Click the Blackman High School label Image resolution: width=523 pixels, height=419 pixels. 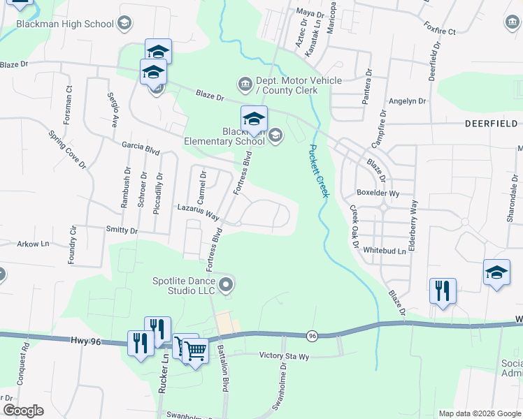(x=65, y=24)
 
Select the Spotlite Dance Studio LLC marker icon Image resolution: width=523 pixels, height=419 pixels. (x=225, y=284)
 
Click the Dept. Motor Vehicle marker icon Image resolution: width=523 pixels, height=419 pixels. (x=245, y=85)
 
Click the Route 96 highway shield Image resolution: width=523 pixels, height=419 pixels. (x=312, y=336)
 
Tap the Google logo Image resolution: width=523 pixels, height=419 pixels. (x=23, y=411)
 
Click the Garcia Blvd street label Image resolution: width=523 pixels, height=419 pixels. (x=141, y=151)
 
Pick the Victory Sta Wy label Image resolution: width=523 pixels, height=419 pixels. (x=284, y=355)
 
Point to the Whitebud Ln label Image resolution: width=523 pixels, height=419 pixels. (x=385, y=251)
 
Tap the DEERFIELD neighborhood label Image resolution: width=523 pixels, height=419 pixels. (x=494, y=123)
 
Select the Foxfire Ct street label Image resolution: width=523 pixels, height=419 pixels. (x=439, y=31)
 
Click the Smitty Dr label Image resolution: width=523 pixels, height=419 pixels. (x=122, y=230)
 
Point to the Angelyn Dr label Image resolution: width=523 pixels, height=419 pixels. (x=407, y=101)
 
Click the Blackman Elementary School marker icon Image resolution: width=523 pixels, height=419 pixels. (x=275, y=135)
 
